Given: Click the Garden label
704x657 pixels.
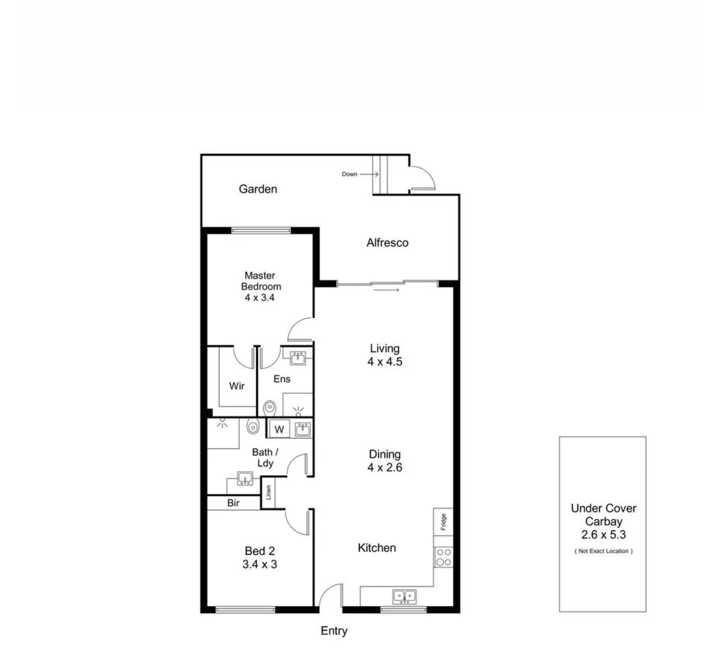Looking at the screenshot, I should (257, 189).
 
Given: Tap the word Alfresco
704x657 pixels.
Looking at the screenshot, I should (387, 243).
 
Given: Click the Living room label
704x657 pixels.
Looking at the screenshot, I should (385, 349).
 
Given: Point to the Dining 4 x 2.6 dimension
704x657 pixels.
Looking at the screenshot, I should (385, 468).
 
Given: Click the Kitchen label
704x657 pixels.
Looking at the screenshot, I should (377, 548).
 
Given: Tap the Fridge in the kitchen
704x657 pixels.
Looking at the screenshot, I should (443, 521).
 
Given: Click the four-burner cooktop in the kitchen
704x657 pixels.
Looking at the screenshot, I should (443, 557).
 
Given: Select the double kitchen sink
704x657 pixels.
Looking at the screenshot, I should (404, 596).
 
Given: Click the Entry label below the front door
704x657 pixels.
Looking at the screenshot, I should (334, 631).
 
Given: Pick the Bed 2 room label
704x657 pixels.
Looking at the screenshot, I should (260, 551).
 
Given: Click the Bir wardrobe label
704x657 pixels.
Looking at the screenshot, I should (234, 503).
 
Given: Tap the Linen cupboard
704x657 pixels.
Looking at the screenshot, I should (268, 492).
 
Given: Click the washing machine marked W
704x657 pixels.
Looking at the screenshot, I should (279, 429).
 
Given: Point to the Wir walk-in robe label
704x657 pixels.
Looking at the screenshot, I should (237, 386).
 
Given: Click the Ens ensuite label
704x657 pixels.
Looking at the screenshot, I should (282, 379).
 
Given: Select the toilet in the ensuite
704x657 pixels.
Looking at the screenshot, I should (269, 406).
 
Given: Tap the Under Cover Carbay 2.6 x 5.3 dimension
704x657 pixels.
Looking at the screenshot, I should (603, 535).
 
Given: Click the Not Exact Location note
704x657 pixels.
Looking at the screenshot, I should (604, 551).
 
